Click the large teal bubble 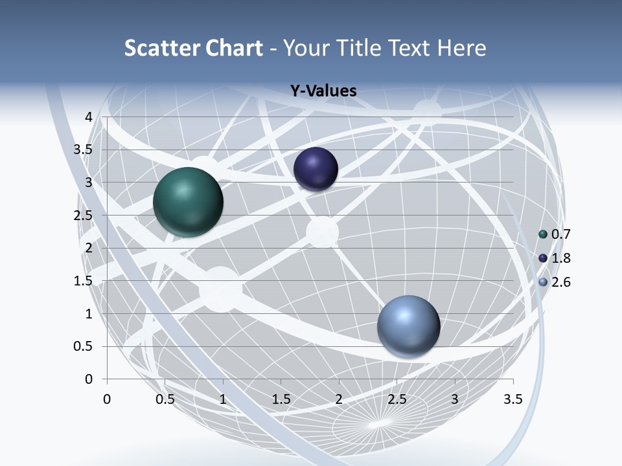(188, 201)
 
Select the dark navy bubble (316, 169)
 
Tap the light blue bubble (408, 326)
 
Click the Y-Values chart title (323, 91)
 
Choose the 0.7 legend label (560, 234)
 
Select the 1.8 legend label (560, 258)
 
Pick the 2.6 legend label (560, 282)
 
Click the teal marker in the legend (543, 234)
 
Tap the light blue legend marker (543, 282)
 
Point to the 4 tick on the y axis (89, 117)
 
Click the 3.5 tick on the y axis (84, 150)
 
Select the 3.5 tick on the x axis (513, 399)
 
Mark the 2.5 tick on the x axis (397, 399)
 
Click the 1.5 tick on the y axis (84, 281)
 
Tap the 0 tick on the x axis (107, 399)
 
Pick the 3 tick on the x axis (455, 399)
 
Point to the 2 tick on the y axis (89, 248)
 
